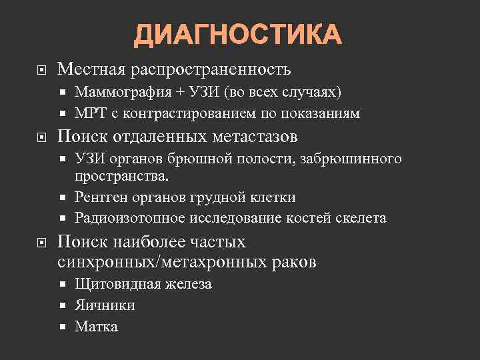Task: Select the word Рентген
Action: coord(101,197)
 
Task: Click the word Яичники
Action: coord(105,305)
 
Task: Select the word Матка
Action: coord(96,327)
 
